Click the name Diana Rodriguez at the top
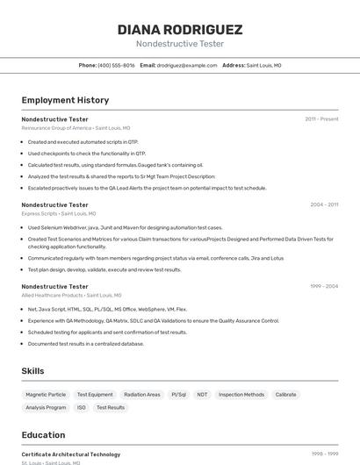coord(180,29)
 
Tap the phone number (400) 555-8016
coord(116,65)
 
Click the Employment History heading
coord(65,100)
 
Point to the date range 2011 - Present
coord(321,118)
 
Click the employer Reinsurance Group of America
coord(56,128)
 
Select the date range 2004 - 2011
coord(324,204)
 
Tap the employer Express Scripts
coord(40,213)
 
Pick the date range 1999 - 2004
coord(324,286)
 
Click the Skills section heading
coord(32,371)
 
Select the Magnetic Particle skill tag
coord(46,395)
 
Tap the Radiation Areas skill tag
coord(142,395)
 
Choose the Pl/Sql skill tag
coord(179,395)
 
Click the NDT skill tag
coord(202,395)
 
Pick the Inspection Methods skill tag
coord(241,395)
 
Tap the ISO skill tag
coord(82,408)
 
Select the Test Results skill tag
coord(111,408)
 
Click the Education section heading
coord(43,434)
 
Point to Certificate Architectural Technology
coord(71,454)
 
